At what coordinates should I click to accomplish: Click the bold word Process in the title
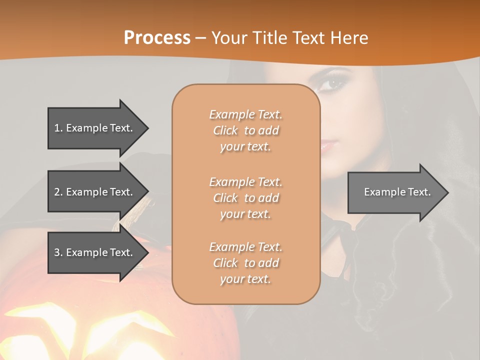coord(157,38)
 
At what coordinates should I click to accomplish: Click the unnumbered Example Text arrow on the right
coord(397,192)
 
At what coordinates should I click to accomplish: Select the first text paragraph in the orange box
coord(245,130)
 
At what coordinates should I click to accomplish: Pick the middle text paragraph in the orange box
coord(245,198)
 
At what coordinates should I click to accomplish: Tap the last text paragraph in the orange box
coord(245,263)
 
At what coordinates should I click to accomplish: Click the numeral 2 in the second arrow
coord(57,192)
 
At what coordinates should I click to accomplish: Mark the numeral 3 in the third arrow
coord(57,252)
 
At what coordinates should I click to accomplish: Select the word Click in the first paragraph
coord(225,130)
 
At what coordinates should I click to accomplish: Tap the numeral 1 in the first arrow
coord(57,128)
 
